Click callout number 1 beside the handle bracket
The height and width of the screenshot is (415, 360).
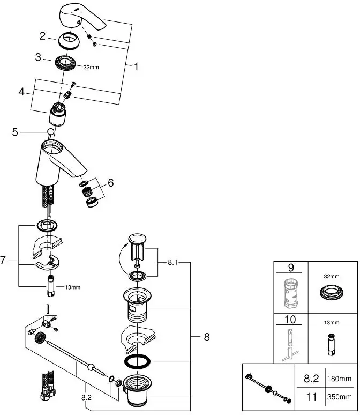(136, 67)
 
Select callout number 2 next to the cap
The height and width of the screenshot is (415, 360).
(43, 36)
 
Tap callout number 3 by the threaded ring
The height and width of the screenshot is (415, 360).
(39, 57)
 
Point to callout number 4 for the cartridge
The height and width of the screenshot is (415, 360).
(22, 92)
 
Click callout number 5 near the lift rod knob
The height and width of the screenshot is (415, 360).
(15, 131)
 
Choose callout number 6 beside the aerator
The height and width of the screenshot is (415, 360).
(110, 183)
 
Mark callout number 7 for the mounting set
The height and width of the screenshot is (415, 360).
(3, 261)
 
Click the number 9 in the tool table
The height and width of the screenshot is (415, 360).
(291, 268)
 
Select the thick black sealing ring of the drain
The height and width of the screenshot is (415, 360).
(138, 362)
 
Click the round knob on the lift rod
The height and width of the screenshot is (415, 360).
(50, 132)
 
